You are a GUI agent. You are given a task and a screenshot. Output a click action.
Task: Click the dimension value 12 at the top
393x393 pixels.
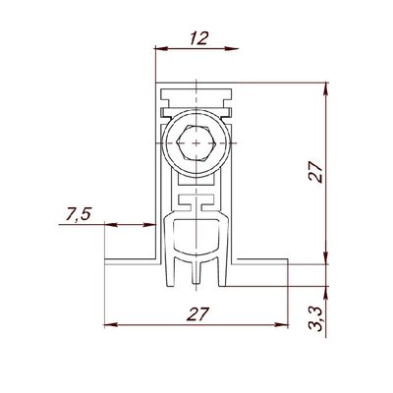pos(198,38)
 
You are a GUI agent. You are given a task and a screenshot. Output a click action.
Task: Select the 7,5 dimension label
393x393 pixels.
pos(78,214)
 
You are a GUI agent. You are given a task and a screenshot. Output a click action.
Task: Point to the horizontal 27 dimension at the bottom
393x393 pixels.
pos(197,314)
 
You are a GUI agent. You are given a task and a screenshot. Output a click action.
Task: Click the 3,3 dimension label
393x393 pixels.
pos(316,318)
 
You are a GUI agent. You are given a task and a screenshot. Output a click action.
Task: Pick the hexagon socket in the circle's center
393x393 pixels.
pos(196,142)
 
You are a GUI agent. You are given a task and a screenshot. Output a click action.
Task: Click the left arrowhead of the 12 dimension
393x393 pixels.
pos(161,49)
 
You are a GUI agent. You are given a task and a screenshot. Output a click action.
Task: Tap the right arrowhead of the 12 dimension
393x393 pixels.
pos(232,49)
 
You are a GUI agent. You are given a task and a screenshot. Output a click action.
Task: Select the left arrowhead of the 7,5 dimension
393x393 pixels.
pos(111,225)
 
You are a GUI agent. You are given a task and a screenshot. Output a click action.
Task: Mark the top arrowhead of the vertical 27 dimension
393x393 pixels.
pos(325,88)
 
